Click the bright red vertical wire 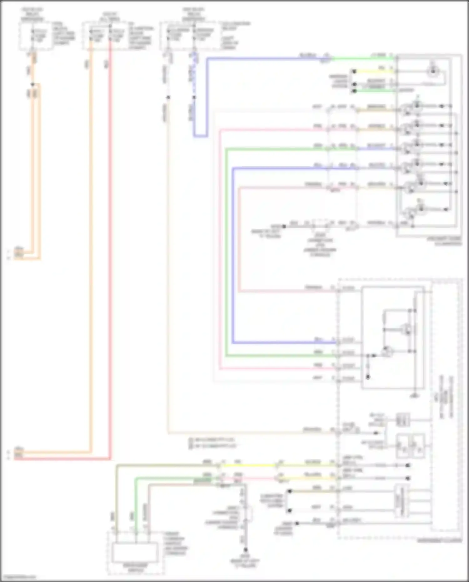(x=110, y=250)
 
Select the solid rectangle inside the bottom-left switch (x=135, y=553)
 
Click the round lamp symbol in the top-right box (x=433, y=72)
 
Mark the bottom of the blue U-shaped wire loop (x=200, y=136)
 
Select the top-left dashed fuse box (x=36, y=36)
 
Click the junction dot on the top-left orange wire (x=33, y=84)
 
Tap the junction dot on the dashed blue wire (x=194, y=97)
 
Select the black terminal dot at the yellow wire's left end (x=354, y=72)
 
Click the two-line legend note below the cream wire (x=213, y=443)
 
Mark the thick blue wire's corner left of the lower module (x=233, y=342)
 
